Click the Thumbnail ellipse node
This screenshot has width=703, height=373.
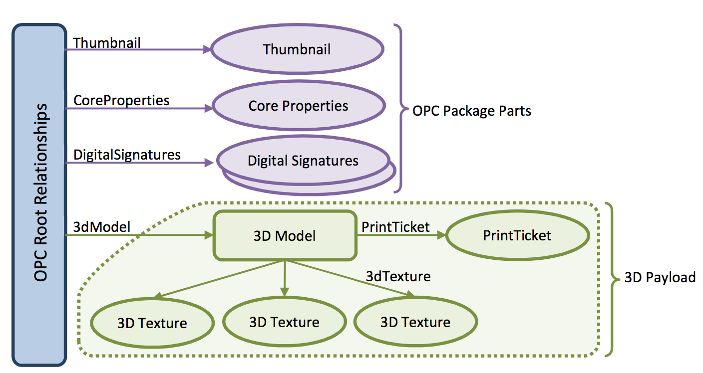[x=297, y=49]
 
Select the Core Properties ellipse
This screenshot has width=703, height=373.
[x=299, y=106]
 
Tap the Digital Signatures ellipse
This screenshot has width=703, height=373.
[x=303, y=160]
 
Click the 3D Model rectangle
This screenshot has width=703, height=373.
[x=285, y=235]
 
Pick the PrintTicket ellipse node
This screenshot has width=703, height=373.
[x=517, y=235]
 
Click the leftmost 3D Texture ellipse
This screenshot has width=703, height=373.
[x=152, y=323]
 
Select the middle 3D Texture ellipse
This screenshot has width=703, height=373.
[x=284, y=322]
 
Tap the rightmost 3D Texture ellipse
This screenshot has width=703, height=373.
[x=415, y=322]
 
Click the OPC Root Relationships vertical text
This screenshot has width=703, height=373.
[x=41, y=192]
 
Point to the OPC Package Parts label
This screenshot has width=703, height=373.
[x=472, y=111]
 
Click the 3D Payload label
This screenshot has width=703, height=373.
[x=660, y=277]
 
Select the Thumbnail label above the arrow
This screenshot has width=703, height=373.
[x=107, y=43]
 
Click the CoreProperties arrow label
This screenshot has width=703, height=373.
[x=121, y=101]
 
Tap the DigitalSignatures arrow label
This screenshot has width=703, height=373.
[x=127, y=155]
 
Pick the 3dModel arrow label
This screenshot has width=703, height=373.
[x=102, y=227]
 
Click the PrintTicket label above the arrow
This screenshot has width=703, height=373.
[x=395, y=227]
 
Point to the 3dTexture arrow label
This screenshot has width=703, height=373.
[x=398, y=276]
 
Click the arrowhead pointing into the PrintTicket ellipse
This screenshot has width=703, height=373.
[x=441, y=235]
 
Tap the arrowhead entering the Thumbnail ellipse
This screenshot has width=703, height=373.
[x=207, y=49]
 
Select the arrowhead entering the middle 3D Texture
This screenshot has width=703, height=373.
[x=284, y=292]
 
